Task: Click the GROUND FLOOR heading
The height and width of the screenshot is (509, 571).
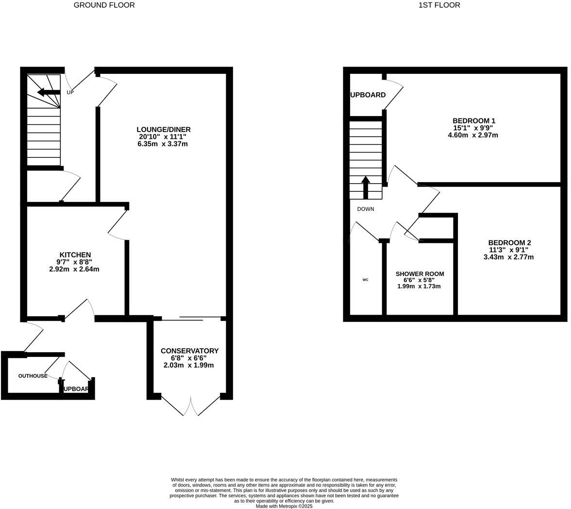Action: click(104, 5)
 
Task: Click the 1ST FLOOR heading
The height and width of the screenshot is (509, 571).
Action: click(439, 5)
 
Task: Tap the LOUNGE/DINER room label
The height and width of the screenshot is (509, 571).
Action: click(163, 130)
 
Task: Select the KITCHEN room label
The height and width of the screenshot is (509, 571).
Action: click(75, 255)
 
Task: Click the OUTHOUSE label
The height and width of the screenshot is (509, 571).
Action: click(33, 376)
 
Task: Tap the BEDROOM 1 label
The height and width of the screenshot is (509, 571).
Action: click(473, 121)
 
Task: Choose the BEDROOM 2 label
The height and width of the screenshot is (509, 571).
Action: click(509, 243)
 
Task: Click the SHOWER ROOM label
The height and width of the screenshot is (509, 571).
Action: click(420, 274)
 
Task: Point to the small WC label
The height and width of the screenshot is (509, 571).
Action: click(365, 280)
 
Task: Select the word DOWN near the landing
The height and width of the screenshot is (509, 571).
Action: click(366, 209)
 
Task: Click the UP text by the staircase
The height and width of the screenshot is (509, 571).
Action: click(70, 92)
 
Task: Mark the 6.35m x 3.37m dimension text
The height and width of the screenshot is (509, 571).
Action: click(163, 144)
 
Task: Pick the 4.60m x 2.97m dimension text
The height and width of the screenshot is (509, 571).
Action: click(472, 136)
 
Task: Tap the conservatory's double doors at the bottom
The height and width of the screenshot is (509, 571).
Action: click(191, 407)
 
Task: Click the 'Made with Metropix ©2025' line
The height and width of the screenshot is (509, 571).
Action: click(284, 506)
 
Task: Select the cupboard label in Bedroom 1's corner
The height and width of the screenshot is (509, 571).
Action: click(368, 95)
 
